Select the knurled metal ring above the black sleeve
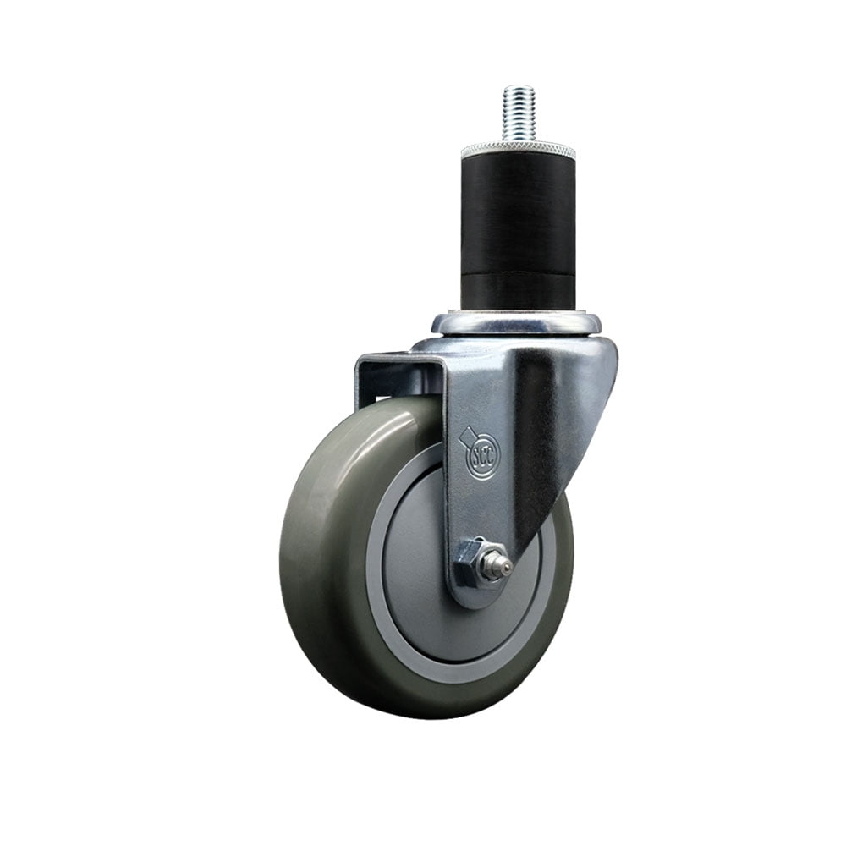[518, 151]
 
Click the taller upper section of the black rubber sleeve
[518, 211]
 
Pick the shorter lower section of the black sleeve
[518, 289]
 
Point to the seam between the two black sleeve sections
[518, 270]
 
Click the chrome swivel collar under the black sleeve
[516, 324]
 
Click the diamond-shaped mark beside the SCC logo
[464, 438]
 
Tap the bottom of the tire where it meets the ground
[423, 716]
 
